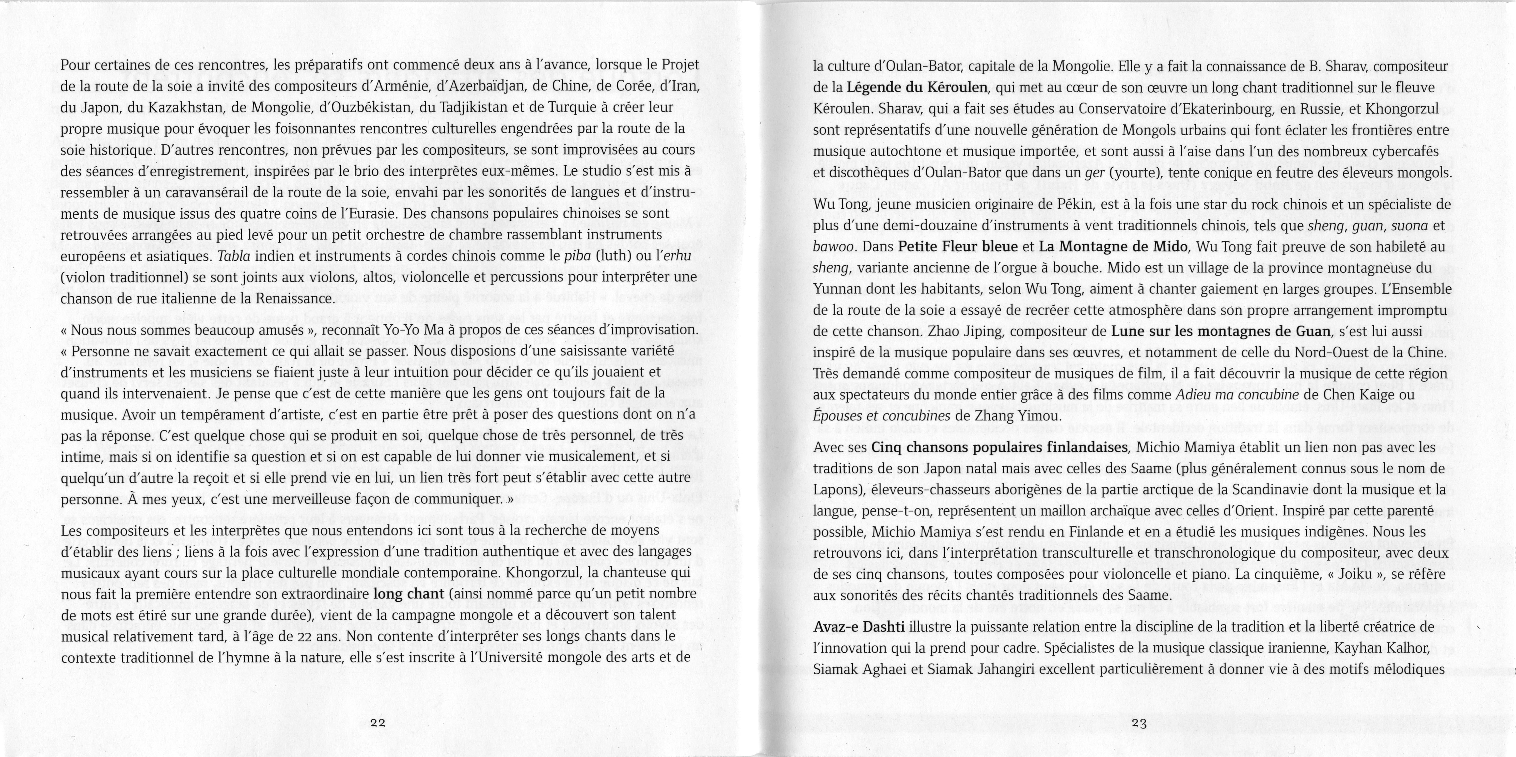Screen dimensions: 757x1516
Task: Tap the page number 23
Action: pos(1139,723)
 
